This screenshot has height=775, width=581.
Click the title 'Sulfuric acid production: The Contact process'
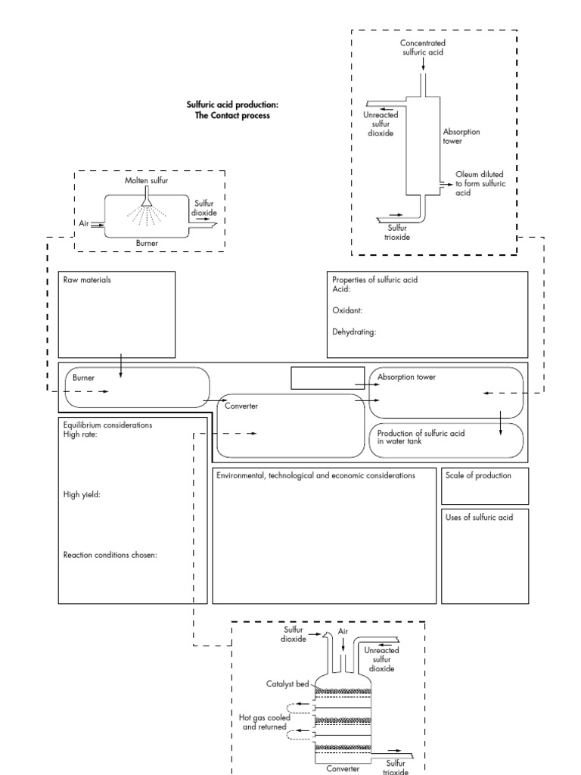pyautogui.click(x=228, y=110)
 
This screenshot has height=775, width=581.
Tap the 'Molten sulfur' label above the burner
pyautogui.click(x=148, y=182)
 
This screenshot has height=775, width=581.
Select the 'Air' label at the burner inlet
pyautogui.click(x=83, y=224)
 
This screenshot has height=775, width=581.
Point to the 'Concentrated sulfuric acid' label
pyautogui.click(x=423, y=48)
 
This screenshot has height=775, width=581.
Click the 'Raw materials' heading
pyautogui.click(x=88, y=280)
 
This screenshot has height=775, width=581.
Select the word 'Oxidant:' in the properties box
pyautogui.click(x=348, y=310)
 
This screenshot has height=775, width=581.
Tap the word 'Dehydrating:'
pyautogui.click(x=354, y=331)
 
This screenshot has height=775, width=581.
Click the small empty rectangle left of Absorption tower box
pyautogui.click(x=327, y=377)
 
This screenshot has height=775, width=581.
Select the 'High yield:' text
pyautogui.click(x=83, y=495)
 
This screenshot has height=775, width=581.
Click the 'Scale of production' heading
pyautogui.click(x=479, y=476)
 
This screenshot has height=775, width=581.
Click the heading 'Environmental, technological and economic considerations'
pyautogui.click(x=315, y=476)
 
